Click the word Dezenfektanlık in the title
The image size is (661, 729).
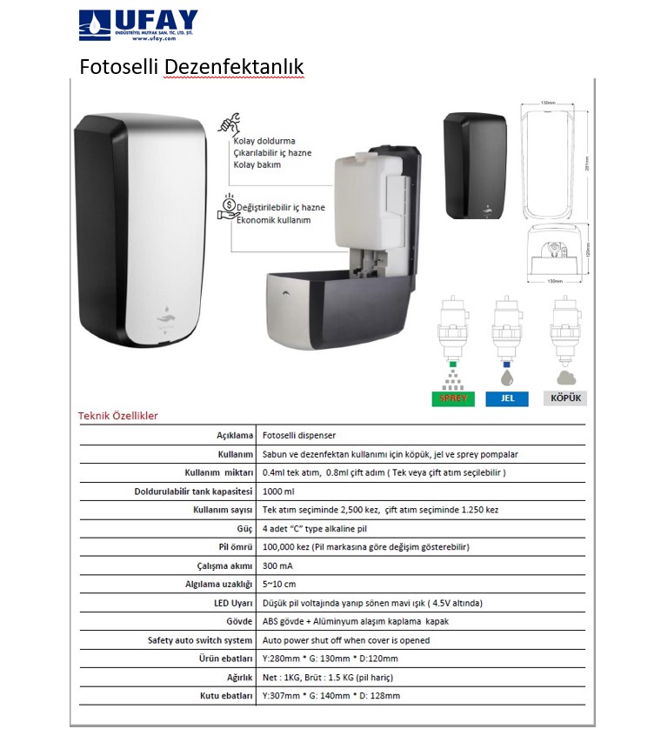[234, 67]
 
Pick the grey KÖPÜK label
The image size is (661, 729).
[565, 398]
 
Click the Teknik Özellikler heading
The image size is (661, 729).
[118, 416]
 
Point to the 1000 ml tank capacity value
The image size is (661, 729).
[279, 492]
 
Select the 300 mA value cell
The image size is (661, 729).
[277, 565]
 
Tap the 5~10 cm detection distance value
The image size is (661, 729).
[279, 585]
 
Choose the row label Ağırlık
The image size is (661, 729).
[237, 677]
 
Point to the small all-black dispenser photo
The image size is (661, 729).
[474, 166]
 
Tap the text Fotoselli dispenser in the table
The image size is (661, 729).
[299, 436]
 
